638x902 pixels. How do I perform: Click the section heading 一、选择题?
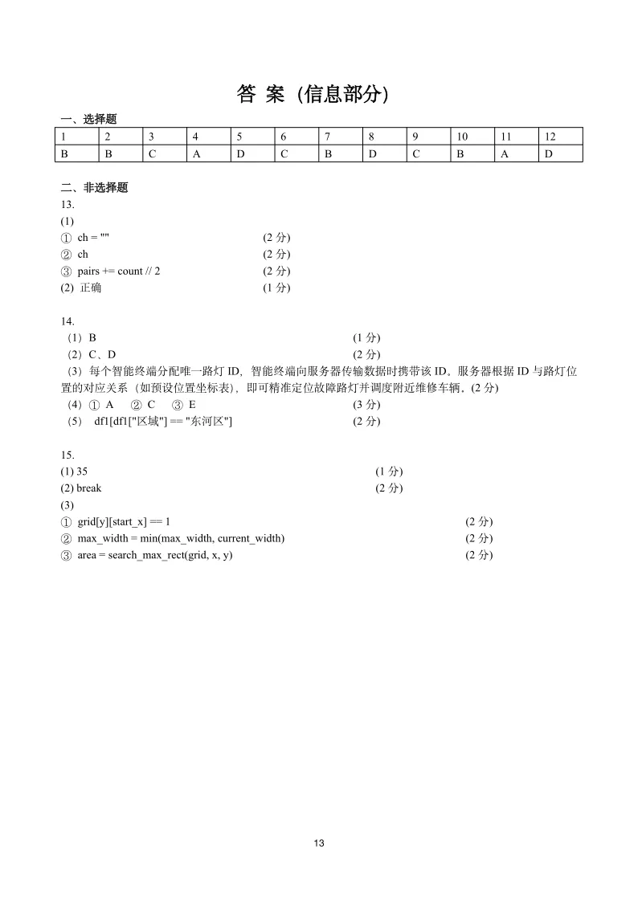88,119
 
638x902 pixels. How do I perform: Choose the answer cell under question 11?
505,153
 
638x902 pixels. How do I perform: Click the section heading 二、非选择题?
94,188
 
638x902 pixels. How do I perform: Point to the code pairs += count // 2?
118,271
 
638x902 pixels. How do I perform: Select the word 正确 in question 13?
91,288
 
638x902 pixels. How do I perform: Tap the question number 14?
67,321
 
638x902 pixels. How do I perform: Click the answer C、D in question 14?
102,354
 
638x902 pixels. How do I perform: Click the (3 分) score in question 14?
366,405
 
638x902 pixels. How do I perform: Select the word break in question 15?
89,488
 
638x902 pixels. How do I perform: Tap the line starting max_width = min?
181,538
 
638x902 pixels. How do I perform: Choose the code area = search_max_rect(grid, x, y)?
155,555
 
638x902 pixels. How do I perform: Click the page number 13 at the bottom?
319,843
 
